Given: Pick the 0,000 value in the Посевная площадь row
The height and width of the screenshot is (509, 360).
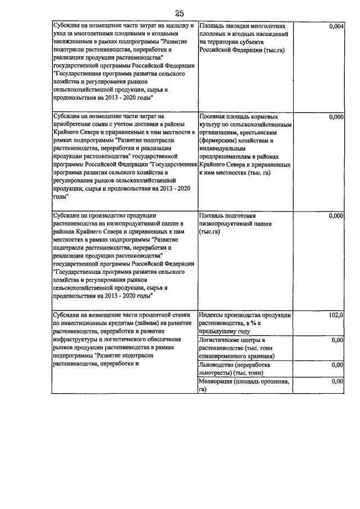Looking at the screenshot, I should click(335, 118).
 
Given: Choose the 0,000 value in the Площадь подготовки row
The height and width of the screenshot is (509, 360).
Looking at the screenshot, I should click(335, 215).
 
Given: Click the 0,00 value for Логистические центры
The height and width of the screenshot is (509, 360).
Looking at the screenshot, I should click(337, 340).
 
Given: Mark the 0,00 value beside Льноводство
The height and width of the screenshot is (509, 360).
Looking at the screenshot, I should click(337, 365).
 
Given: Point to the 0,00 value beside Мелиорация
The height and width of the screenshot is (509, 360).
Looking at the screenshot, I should click(337, 382).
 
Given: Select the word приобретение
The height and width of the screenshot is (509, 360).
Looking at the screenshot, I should click(73, 125).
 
